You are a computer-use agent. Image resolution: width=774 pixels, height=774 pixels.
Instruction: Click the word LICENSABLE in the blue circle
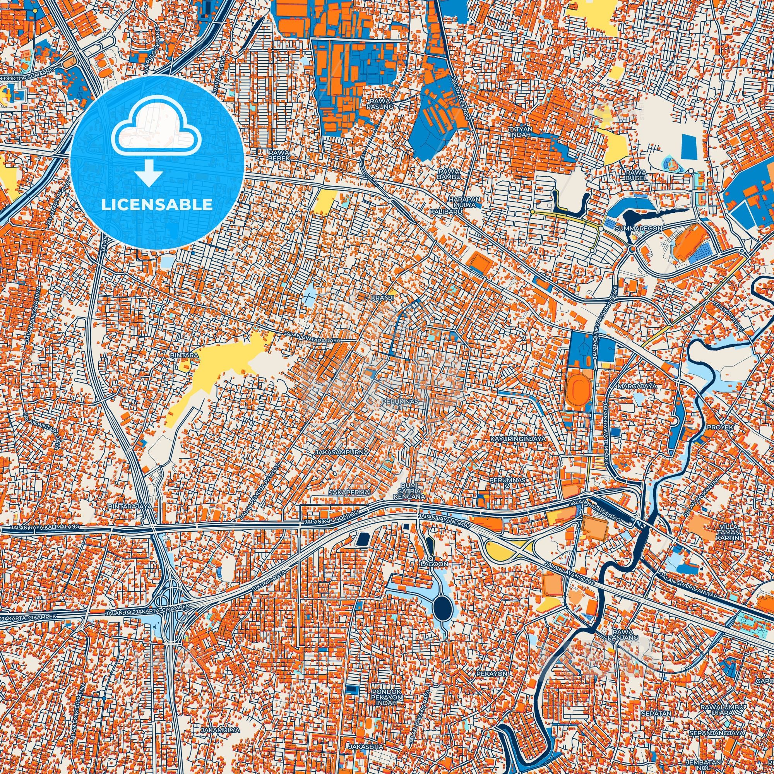[157, 205]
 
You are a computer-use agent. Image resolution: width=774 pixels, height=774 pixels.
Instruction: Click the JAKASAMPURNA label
[341, 452]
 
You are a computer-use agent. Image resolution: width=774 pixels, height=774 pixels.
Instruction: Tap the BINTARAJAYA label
[130, 506]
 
